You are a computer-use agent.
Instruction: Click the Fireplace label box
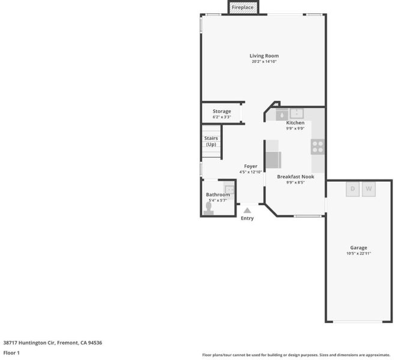[243, 8]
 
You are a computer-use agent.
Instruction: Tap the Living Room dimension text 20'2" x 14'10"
[264, 62]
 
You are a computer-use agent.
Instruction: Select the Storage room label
[222, 111]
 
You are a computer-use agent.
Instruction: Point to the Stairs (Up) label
[211, 142]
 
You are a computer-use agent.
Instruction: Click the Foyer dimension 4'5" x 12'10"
[250, 172]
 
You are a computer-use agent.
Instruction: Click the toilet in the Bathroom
[208, 209]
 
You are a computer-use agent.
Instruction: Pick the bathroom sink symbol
[229, 189]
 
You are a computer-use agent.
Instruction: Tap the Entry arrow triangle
[247, 211]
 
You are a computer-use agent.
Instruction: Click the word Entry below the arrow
[247, 218]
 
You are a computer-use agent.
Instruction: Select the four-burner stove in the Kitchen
[318, 147]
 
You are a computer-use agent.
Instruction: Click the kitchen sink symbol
[297, 113]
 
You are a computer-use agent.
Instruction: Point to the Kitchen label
[295, 123]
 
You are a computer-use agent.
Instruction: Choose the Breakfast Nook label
[295, 177]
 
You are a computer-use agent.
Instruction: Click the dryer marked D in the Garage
[353, 189]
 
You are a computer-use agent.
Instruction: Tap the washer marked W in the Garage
[369, 189]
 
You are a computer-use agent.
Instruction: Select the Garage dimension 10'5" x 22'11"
[359, 254]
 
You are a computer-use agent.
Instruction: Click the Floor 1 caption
[11, 353]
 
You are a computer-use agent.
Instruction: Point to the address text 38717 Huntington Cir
[29, 343]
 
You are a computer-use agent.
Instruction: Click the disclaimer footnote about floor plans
[296, 355]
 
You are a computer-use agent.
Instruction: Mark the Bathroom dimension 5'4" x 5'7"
[218, 200]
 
